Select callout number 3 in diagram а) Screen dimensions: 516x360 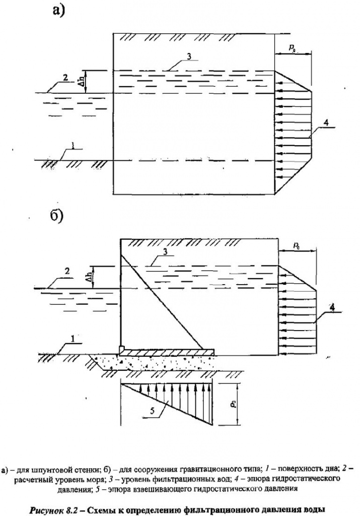pos(188,56)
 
